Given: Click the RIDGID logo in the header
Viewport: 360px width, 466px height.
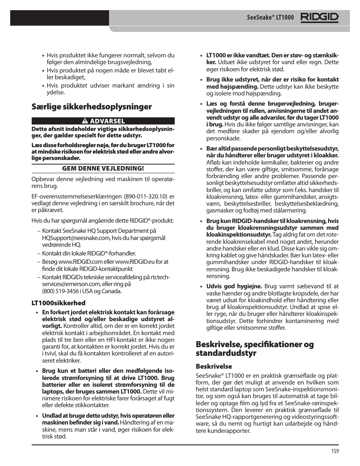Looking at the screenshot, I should click(x=320, y=17).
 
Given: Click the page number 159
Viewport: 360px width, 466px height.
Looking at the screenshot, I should click(x=335, y=451).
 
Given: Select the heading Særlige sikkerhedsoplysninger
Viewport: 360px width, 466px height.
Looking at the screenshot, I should click(x=92, y=107).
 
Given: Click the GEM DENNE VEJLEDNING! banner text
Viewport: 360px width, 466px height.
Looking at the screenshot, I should click(x=103, y=168).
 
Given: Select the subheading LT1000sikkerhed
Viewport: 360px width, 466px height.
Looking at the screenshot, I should click(x=58, y=303).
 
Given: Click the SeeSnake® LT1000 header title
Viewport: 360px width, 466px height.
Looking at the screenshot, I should click(x=270, y=18).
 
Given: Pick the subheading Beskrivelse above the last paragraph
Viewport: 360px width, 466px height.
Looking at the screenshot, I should click(x=214, y=366).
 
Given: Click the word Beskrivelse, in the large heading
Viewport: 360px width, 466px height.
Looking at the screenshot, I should click(x=219, y=345).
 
